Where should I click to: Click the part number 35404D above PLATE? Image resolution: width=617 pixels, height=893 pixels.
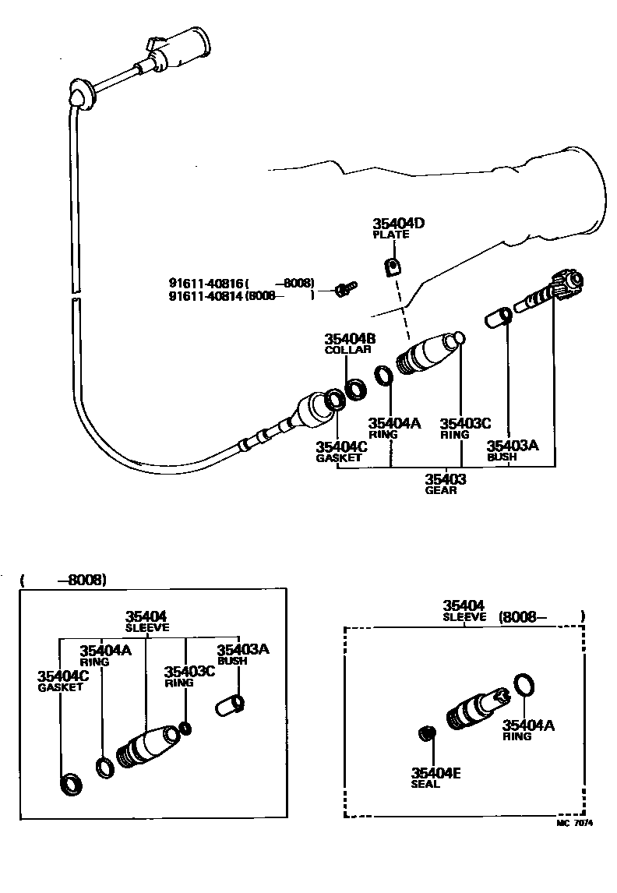click(x=398, y=224)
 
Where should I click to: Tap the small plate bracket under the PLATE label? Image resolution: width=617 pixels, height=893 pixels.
click(x=393, y=267)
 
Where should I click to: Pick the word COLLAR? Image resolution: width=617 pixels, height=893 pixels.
click(x=347, y=350)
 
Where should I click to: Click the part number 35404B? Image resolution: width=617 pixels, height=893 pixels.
click(x=350, y=339)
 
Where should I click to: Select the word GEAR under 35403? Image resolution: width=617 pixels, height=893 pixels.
click(x=440, y=490)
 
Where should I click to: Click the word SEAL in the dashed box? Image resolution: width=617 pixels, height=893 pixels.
click(x=426, y=784)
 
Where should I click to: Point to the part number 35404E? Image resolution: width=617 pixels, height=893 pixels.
click(x=435, y=772)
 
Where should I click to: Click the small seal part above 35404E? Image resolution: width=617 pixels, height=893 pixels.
click(x=425, y=733)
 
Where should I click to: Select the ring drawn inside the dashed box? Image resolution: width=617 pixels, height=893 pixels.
click(x=525, y=685)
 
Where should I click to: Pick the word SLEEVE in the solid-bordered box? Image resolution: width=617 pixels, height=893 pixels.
click(x=146, y=627)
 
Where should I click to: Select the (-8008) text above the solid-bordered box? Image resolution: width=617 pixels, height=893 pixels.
click(x=63, y=580)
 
